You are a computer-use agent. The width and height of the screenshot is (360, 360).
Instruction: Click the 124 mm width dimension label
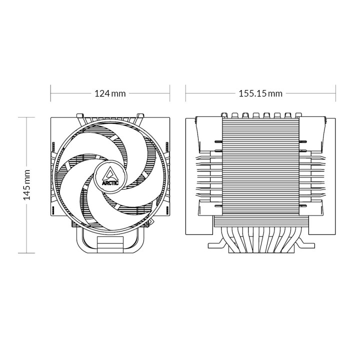point(110,93)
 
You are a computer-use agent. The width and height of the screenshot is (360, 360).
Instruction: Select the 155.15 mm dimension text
point(260,93)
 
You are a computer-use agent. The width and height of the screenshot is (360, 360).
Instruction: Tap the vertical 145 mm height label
point(27,184)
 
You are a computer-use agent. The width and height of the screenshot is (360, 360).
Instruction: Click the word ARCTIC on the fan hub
point(110,182)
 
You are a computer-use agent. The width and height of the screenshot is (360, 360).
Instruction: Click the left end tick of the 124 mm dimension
point(51,93)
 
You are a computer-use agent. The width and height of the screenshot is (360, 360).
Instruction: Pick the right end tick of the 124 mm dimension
point(170,93)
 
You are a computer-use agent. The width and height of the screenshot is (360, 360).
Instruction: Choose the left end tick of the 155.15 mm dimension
point(186,93)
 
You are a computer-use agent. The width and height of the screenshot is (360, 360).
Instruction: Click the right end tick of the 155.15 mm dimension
point(335,93)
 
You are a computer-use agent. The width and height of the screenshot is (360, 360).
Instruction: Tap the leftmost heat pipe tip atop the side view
point(224,114)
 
